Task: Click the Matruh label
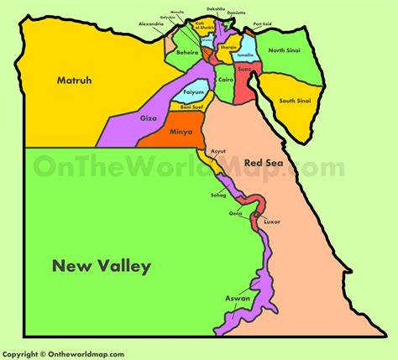pos(74,81)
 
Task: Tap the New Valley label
pos(101,267)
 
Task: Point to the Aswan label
pos(238,299)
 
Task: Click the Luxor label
pos(271,222)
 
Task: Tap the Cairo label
pos(225,79)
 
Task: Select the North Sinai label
pos(287,51)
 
